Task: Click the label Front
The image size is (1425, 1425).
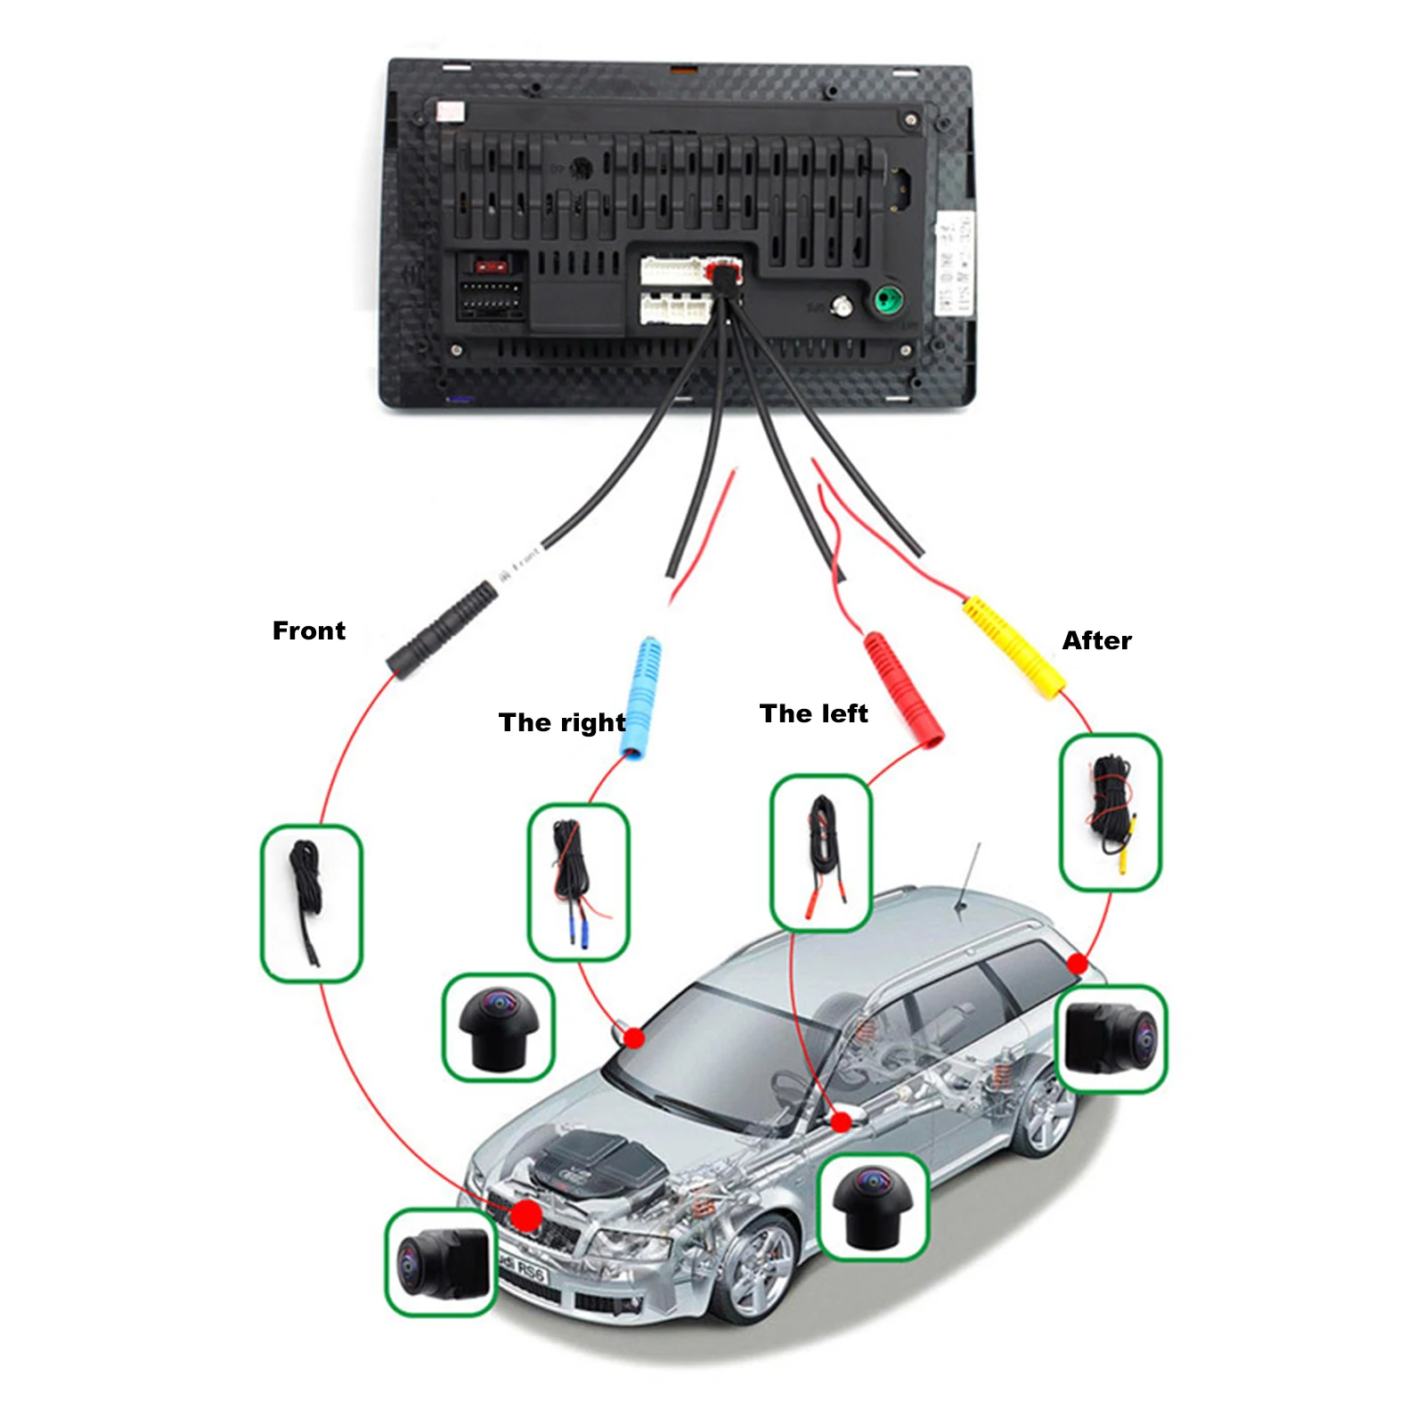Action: click(308, 631)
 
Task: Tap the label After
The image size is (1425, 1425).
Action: click(1096, 640)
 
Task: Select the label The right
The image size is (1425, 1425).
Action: click(562, 722)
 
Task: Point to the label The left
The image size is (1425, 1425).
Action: click(813, 713)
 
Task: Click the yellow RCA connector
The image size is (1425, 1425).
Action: click(1014, 647)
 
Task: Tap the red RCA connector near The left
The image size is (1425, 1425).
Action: click(903, 688)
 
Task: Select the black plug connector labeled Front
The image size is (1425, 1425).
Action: click(442, 630)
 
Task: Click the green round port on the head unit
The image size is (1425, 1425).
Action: click(887, 299)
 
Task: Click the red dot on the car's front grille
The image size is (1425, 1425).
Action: click(526, 1215)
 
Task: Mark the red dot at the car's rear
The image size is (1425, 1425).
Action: click(1078, 964)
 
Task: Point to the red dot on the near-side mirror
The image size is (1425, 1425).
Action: click(841, 1122)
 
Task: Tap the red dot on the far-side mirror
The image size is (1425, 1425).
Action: click(634, 1038)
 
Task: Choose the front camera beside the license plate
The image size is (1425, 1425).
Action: click(440, 1261)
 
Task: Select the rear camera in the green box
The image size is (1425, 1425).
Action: click(1111, 1038)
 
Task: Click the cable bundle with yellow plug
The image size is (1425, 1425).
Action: click(1111, 811)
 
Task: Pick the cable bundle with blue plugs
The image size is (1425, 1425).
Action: click(578, 881)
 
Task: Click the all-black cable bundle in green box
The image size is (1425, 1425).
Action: click(311, 903)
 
